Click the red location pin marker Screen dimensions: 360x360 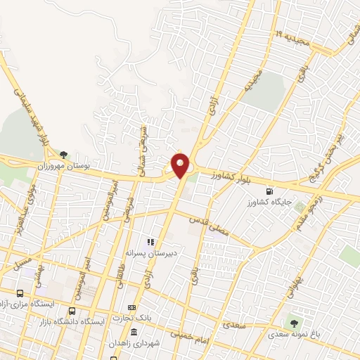181,165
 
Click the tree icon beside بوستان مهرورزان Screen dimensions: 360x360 64,154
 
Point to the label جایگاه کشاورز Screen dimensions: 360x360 268,202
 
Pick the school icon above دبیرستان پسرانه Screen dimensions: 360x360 150,241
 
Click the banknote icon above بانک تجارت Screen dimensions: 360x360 131,308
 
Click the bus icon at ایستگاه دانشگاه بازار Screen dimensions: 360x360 72,311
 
